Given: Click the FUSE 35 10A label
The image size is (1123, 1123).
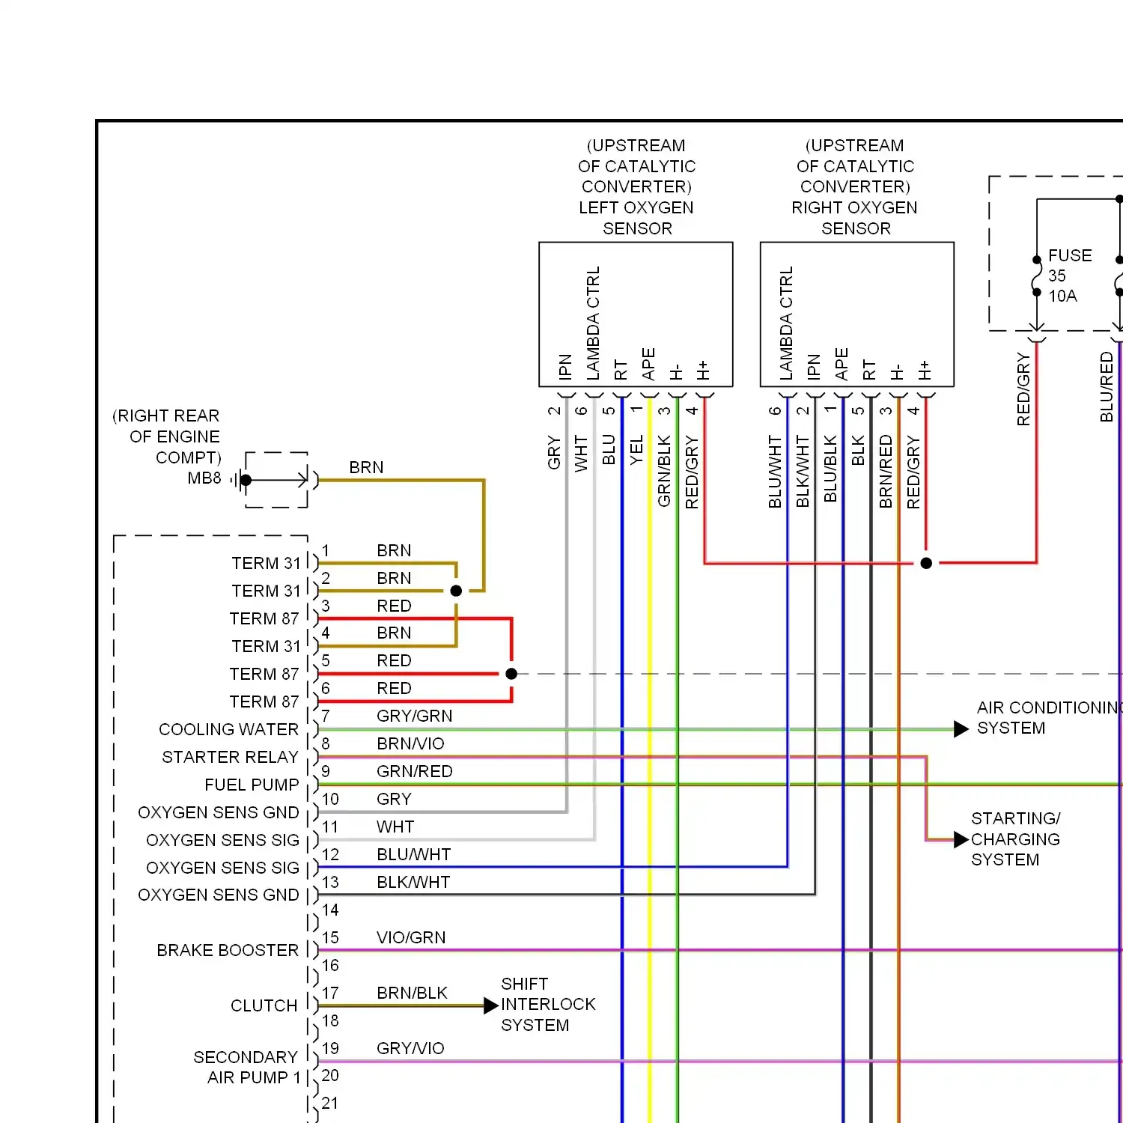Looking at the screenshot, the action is tap(1070, 276).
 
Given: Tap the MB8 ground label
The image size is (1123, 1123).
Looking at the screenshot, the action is tap(204, 478).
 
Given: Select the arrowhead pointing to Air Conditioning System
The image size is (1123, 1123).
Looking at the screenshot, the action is tap(961, 729).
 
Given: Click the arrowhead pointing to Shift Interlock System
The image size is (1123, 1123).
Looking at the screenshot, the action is tap(491, 1005).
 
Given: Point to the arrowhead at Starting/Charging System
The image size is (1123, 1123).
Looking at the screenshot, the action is tap(961, 840).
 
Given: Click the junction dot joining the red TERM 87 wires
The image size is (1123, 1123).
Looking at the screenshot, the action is tap(511, 674).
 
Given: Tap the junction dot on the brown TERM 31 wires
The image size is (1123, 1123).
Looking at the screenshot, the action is tap(456, 591).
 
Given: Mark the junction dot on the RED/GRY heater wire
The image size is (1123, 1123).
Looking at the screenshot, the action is tap(926, 563).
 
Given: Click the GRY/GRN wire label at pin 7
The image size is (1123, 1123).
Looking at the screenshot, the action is tap(414, 716).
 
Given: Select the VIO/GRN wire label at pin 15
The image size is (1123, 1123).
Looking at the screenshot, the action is tap(411, 937).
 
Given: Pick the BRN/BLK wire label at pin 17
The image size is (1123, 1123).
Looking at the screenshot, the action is tap(412, 993).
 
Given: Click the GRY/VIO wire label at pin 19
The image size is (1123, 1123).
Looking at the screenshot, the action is tap(410, 1048).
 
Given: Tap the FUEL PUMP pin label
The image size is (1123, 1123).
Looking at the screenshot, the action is tap(252, 785).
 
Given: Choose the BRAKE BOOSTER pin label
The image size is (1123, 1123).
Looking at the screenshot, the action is tap(228, 950).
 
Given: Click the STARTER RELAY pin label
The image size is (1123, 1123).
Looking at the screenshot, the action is tap(231, 757).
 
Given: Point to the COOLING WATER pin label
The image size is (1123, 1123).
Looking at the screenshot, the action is tap(229, 729).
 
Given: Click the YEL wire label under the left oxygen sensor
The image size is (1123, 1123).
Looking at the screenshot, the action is tap(636, 451).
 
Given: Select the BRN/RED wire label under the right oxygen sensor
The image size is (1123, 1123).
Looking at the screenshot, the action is tap(886, 472).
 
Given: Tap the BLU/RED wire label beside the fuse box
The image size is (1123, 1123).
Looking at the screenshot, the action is tap(1107, 387).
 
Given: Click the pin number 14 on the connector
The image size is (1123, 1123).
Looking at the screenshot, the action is tap(330, 910).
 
